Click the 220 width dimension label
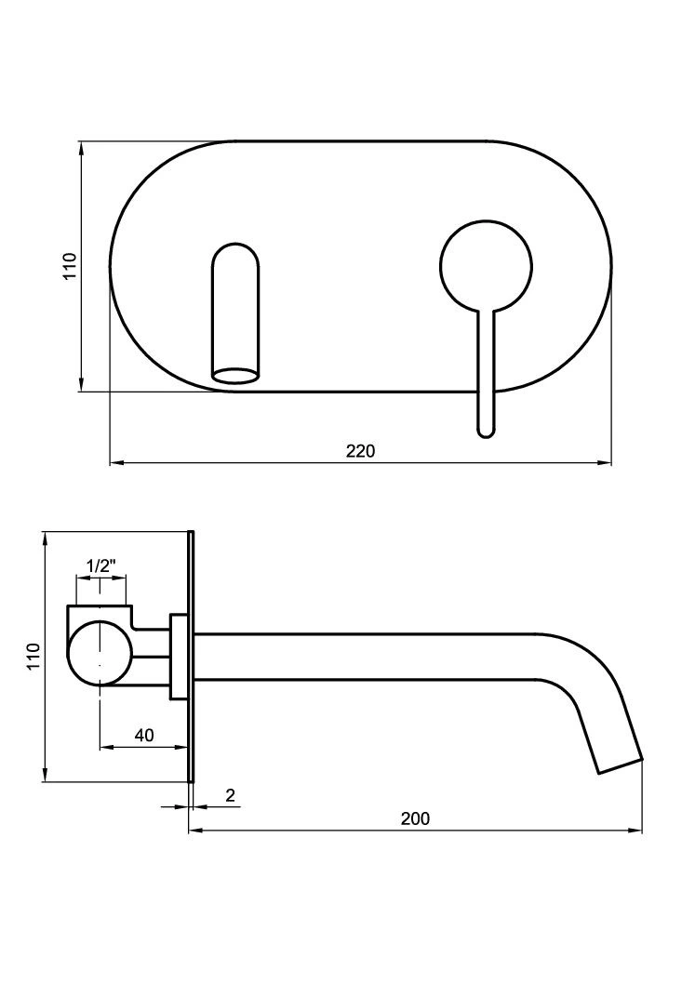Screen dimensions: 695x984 tap(360, 450)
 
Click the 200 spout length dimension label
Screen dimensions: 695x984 tap(416, 818)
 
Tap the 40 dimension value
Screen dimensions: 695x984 tap(144, 735)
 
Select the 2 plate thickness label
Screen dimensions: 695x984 tap(231, 796)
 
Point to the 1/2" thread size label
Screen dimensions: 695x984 tap(101, 566)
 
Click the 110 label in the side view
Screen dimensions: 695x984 tap(33, 657)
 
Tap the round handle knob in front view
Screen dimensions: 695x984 tap(487, 266)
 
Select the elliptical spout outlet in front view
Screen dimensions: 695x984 tap(235, 375)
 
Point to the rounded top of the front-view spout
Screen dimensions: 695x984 tap(235, 251)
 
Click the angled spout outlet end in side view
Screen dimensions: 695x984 tap(619, 765)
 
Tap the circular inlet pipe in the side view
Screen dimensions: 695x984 tap(100, 653)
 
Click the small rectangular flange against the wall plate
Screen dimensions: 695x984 tap(179, 657)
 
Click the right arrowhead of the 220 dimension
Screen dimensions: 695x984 tap(605, 464)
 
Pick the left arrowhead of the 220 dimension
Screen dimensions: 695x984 tap(117, 464)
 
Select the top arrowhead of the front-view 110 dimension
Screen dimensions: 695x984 tap(82, 149)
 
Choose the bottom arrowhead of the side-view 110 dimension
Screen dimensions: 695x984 tap(46, 775)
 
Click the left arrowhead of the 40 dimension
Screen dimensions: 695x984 tap(108, 748)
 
